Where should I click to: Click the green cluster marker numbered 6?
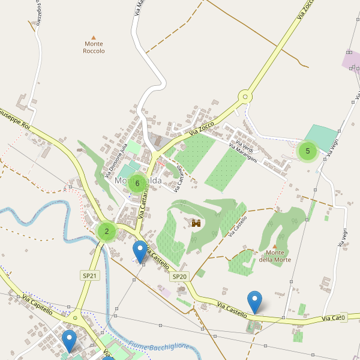tap(137, 183)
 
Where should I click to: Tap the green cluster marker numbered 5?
tap(308, 151)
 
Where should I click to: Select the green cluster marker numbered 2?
tap(107, 231)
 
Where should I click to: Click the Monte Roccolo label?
tap(94, 47)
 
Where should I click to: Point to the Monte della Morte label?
tap(275, 256)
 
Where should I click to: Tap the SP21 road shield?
tap(89, 275)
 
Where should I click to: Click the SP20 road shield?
tap(180, 277)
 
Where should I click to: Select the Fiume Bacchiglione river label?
tap(158, 346)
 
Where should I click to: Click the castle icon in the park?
tap(196, 223)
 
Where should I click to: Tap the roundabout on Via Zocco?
tap(244, 97)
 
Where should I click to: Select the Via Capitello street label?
tap(37, 304)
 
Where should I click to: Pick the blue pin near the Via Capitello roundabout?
tap(70, 341)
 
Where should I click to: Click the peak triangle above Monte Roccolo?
tap(93, 37)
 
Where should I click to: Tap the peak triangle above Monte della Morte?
tap(274, 246)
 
